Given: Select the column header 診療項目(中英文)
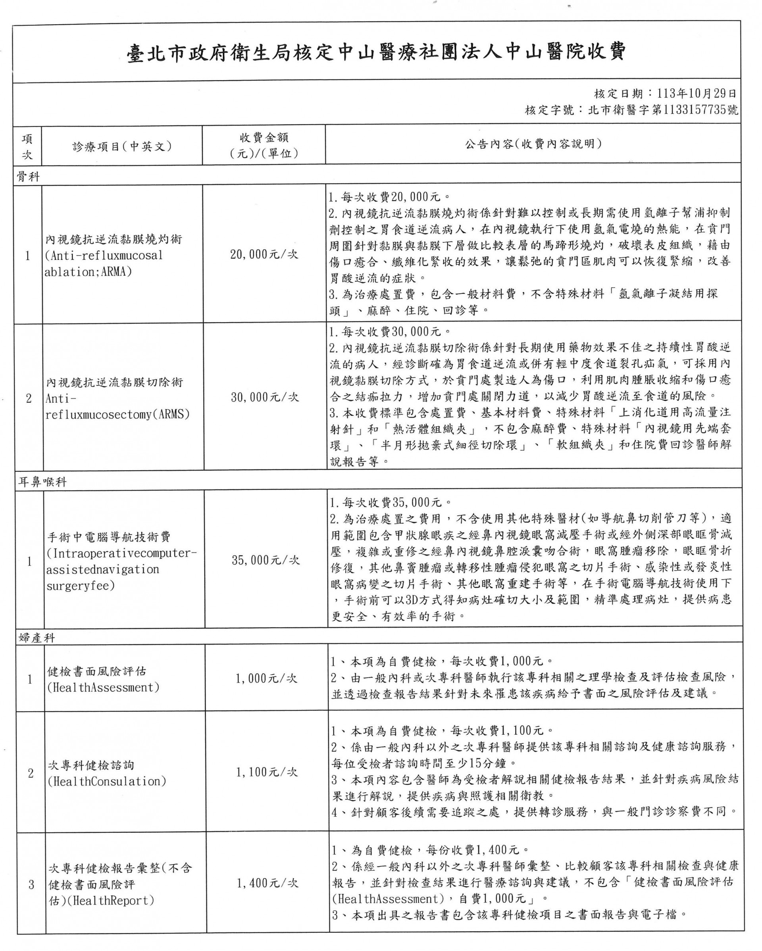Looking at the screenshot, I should pyautogui.click(x=122, y=146).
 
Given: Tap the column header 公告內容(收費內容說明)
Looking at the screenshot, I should pyautogui.click(x=533, y=144).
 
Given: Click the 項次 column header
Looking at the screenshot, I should pyautogui.click(x=27, y=146).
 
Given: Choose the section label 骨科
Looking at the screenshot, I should pyautogui.click(x=28, y=177).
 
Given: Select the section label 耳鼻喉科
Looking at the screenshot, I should pyautogui.click(x=42, y=482).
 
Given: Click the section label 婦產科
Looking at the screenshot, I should pyautogui.click(x=37, y=638).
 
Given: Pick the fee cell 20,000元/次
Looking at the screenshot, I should pyautogui.click(x=264, y=254).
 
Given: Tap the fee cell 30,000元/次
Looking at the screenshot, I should pyautogui.click(x=265, y=398).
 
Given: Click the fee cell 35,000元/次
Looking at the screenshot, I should pyautogui.click(x=266, y=560).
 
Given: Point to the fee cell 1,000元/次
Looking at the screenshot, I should pyautogui.click(x=266, y=678).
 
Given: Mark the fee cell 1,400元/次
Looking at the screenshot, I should pyautogui.click(x=267, y=883).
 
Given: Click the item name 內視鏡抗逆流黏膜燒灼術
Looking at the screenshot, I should pyautogui.click(x=114, y=240).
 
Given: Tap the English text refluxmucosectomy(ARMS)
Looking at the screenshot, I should pyautogui.click(x=117, y=415).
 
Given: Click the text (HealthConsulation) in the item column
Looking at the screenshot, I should pyautogui.click(x=107, y=781).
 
